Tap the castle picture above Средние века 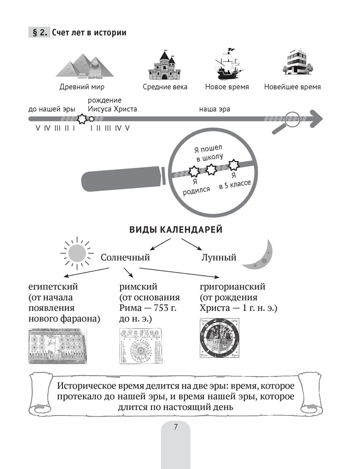[165, 65]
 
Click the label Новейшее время [292, 87]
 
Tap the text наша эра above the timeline [214, 109]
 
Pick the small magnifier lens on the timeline [293, 119]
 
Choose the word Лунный [218, 257]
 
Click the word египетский [53, 287]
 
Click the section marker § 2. [39, 33]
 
